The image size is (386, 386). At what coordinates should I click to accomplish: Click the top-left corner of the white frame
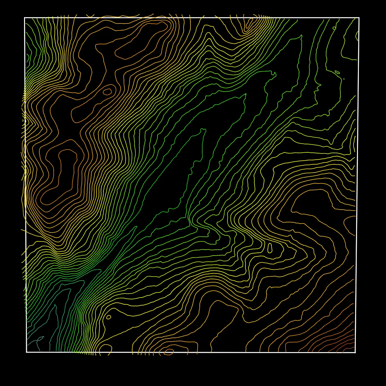pos(25,18)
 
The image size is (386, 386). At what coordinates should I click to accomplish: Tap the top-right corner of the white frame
pos(359,18)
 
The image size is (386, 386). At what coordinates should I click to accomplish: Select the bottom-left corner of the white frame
pos(27,352)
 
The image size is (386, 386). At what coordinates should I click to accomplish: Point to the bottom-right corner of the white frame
pos(355,352)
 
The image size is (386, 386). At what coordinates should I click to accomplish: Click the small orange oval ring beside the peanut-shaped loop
pos(107,92)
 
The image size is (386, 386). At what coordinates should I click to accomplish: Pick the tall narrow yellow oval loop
pos(270,248)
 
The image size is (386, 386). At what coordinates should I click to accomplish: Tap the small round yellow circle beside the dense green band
pos(109,317)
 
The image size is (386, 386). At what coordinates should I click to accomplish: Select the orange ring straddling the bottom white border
pos(169,351)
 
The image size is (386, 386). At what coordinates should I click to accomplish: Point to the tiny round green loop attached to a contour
pos(334,28)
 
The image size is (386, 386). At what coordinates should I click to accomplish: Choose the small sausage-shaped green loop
pos(337,72)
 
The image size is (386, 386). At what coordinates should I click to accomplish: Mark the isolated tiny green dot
pos(344,79)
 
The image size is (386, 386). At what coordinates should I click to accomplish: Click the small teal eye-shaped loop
pos(40,338)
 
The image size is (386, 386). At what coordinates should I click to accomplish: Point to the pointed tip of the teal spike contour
pos(55,305)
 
